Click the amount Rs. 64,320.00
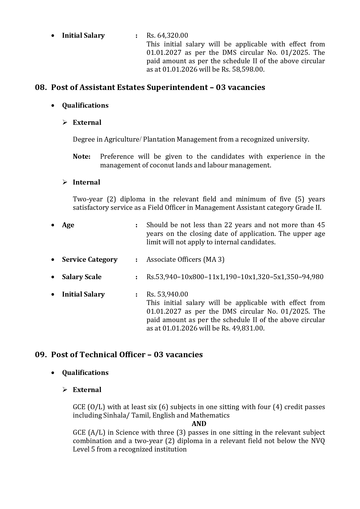(x=167, y=35)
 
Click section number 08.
(x=41, y=87)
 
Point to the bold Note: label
(x=82, y=157)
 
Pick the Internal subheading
(x=86, y=182)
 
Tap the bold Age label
(x=68, y=225)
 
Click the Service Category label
(x=90, y=259)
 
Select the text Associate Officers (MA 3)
(x=185, y=259)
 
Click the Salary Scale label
(x=82, y=277)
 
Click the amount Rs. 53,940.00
(x=167, y=294)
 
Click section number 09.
(x=41, y=355)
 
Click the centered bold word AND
(x=199, y=424)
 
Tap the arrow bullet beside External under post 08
(x=65, y=122)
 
